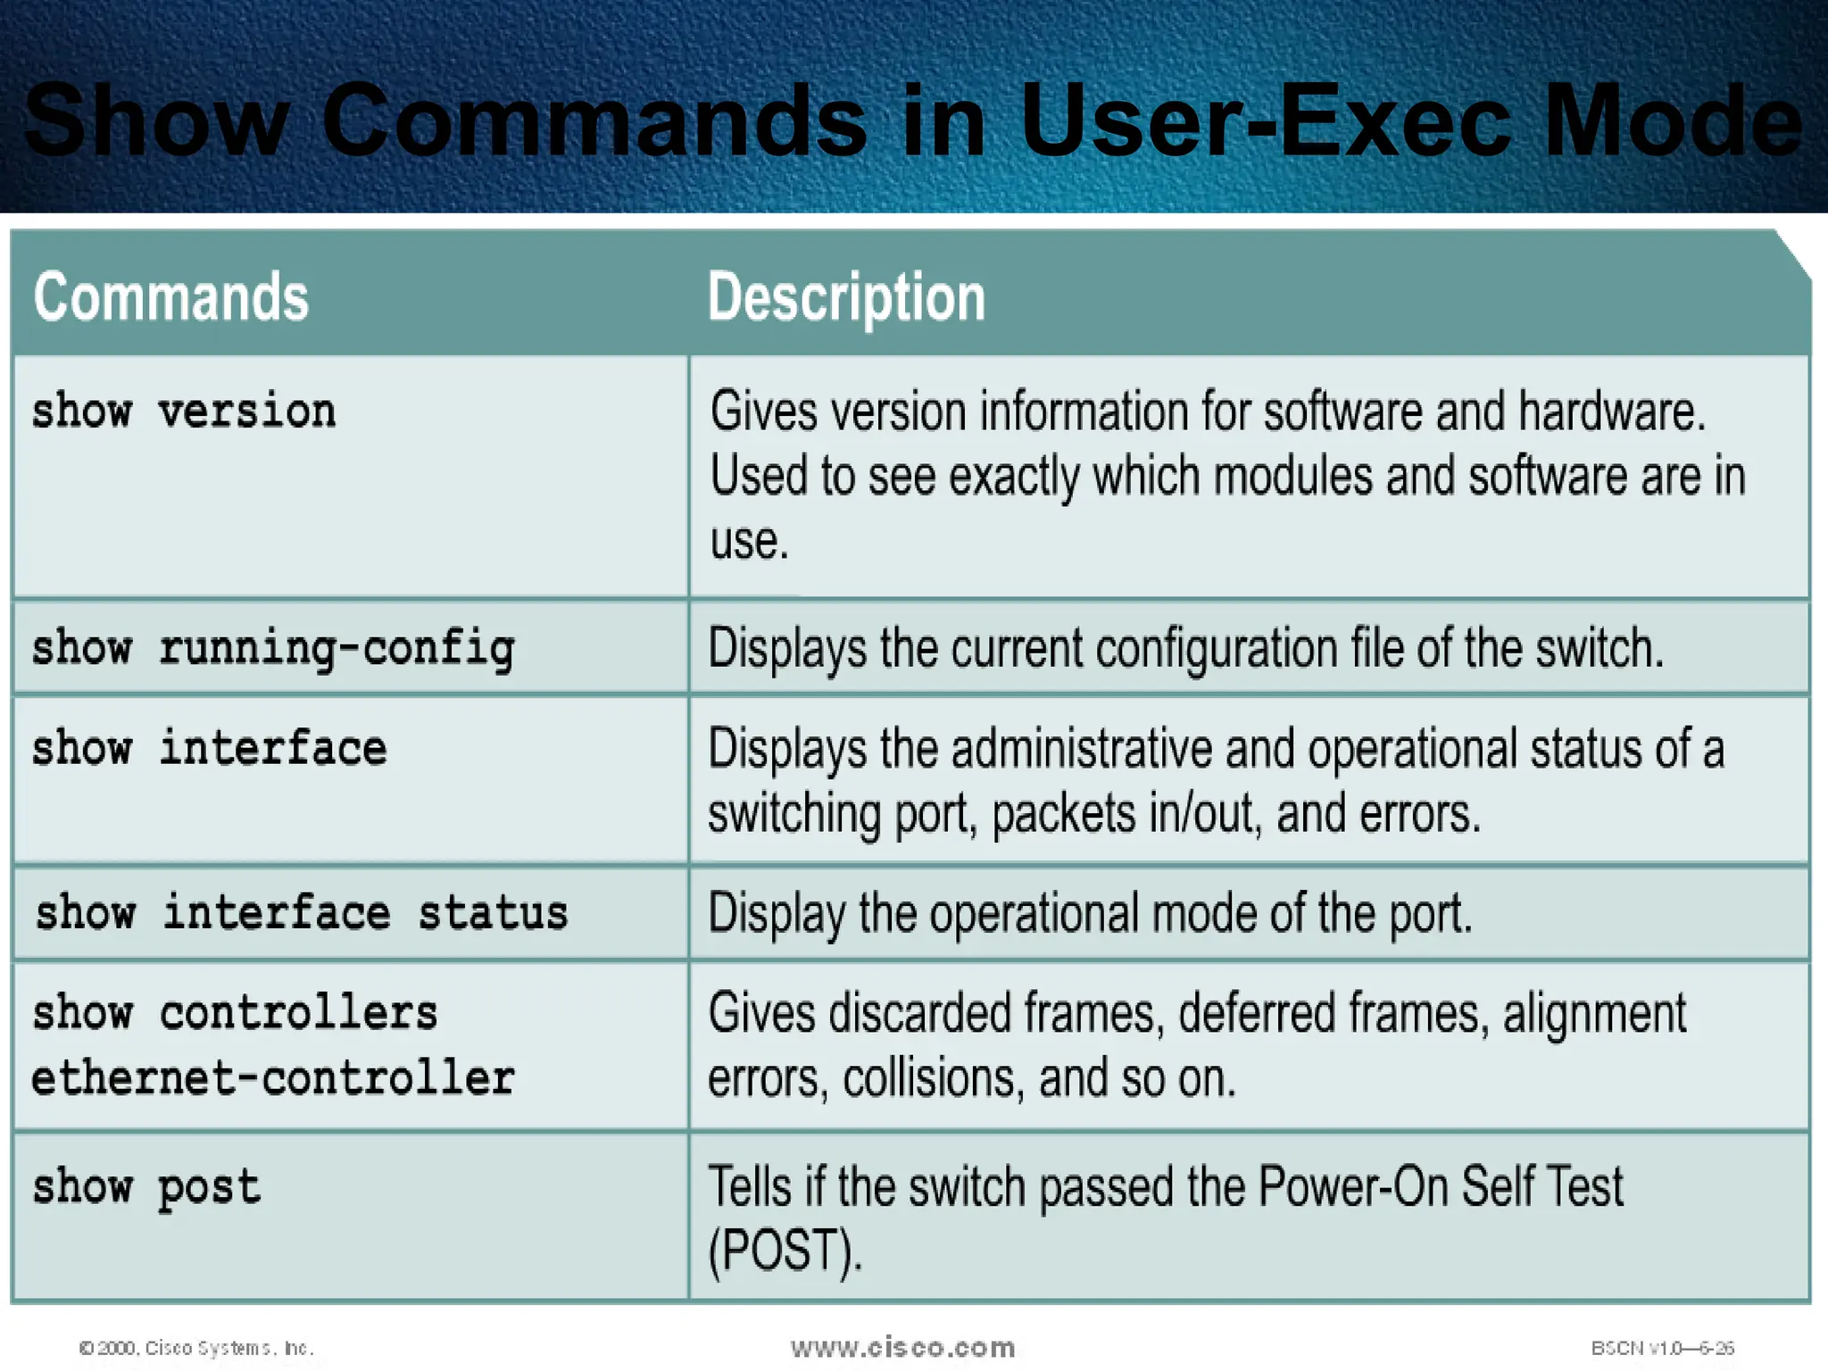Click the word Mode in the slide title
[1674, 120]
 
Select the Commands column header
[170, 297]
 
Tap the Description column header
[846, 297]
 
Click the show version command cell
[184, 412]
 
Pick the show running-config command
[273, 649]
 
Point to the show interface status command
[302, 913]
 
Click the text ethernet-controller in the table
[273, 1078]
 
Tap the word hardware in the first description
[1611, 412]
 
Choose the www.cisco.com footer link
[902, 1347]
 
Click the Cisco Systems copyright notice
[197, 1348]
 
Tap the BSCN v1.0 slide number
[1662, 1348]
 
